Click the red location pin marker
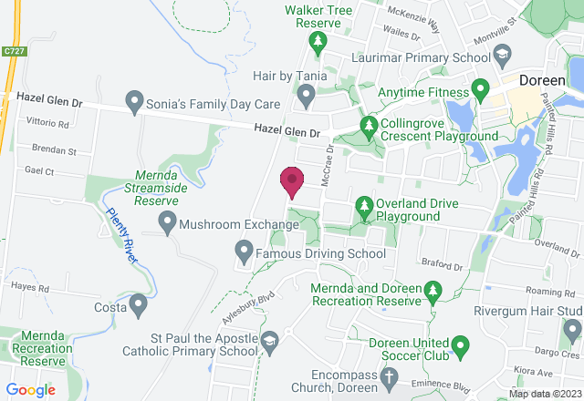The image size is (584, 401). tap(291, 181)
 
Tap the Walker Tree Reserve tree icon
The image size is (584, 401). tap(317, 40)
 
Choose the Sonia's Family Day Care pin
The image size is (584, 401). tap(134, 98)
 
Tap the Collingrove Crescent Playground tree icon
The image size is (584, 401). tap(369, 124)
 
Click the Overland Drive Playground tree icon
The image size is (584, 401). tap(363, 205)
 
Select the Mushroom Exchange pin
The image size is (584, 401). tap(167, 221)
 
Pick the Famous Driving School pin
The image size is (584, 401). tap(244, 248)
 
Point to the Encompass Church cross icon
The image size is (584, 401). tap(389, 375)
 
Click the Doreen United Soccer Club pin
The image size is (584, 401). tap(460, 346)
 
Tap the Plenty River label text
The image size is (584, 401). tap(121, 236)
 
